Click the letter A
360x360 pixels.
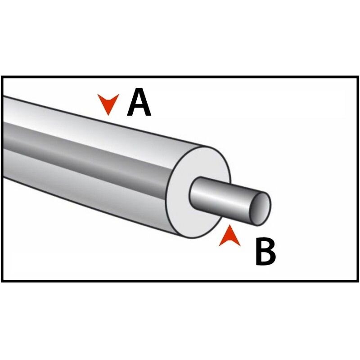(139, 102)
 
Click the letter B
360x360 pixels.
(265, 252)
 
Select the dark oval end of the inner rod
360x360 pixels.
(261, 209)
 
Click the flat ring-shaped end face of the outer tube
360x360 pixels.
(198, 192)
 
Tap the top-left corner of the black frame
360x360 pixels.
(2, 77)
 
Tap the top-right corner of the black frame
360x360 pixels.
(358, 77)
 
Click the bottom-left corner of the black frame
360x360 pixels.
(2, 281)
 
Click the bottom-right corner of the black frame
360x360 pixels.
(358, 281)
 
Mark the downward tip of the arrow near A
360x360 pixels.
(108, 115)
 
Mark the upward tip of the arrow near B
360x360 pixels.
(229, 225)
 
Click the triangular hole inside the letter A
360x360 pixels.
(139, 101)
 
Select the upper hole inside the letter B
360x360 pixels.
(265, 246)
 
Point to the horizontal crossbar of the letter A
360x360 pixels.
(139, 108)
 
